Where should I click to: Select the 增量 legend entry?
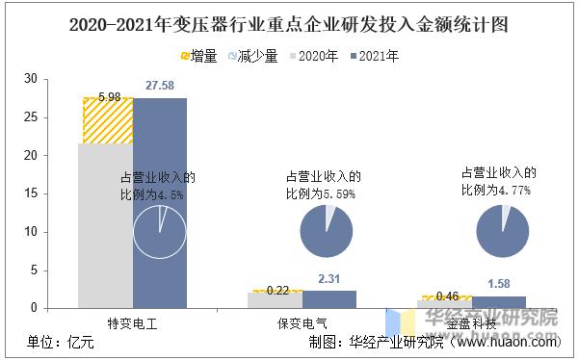pyautogui.click(x=197, y=56)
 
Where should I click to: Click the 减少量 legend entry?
pyautogui.click(x=251, y=56)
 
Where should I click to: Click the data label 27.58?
pyautogui.click(x=159, y=88)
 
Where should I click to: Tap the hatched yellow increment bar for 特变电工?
pyautogui.click(x=106, y=121)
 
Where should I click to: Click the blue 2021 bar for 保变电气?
pyautogui.click(x=329, y=299)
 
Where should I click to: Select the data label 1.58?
pyautogui.click(x=499, y=283)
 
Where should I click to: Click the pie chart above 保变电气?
pyautogui.click(x=327, y=231)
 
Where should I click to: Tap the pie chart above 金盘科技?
pyautogui.click(x=503, y=231)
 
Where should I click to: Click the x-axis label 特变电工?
pyautogui.click(x=132, y=324)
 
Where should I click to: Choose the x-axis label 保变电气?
pyautogui.click(x=302, y=324)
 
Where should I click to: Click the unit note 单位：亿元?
pyautogui.click(x=60, y=342)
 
